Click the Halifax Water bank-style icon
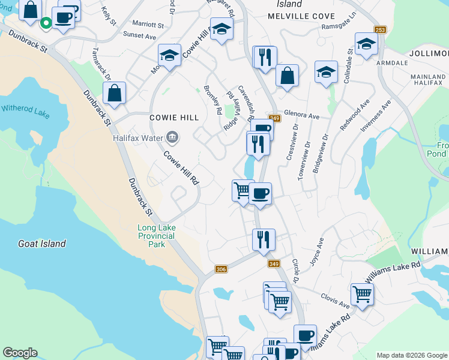coord(173,137)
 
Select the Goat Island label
coord(41,244)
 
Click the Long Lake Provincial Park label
coord(156,236)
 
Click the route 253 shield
coord(380,30)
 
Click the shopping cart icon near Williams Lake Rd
coord(361,294)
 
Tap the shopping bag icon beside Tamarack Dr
coord(114,94)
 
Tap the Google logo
coord(20,353)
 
